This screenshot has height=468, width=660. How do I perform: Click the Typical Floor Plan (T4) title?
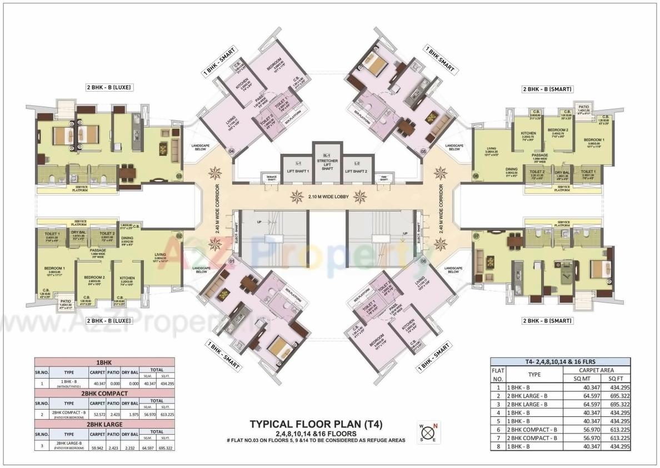[x=316, y=424]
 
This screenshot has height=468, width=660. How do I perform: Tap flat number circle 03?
[x=179, y=177]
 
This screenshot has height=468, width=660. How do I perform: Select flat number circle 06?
[x=476, y=176]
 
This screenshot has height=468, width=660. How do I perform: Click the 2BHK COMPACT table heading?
[x=104, y=393]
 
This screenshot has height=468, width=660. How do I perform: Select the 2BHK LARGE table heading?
[x=104, y=424]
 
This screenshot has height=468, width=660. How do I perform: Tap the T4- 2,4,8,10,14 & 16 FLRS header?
[x=561, y=361]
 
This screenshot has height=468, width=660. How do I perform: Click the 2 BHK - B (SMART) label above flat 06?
[x=547, y=89]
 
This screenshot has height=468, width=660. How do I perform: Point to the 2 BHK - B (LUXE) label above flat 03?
[x=108, y=87]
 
